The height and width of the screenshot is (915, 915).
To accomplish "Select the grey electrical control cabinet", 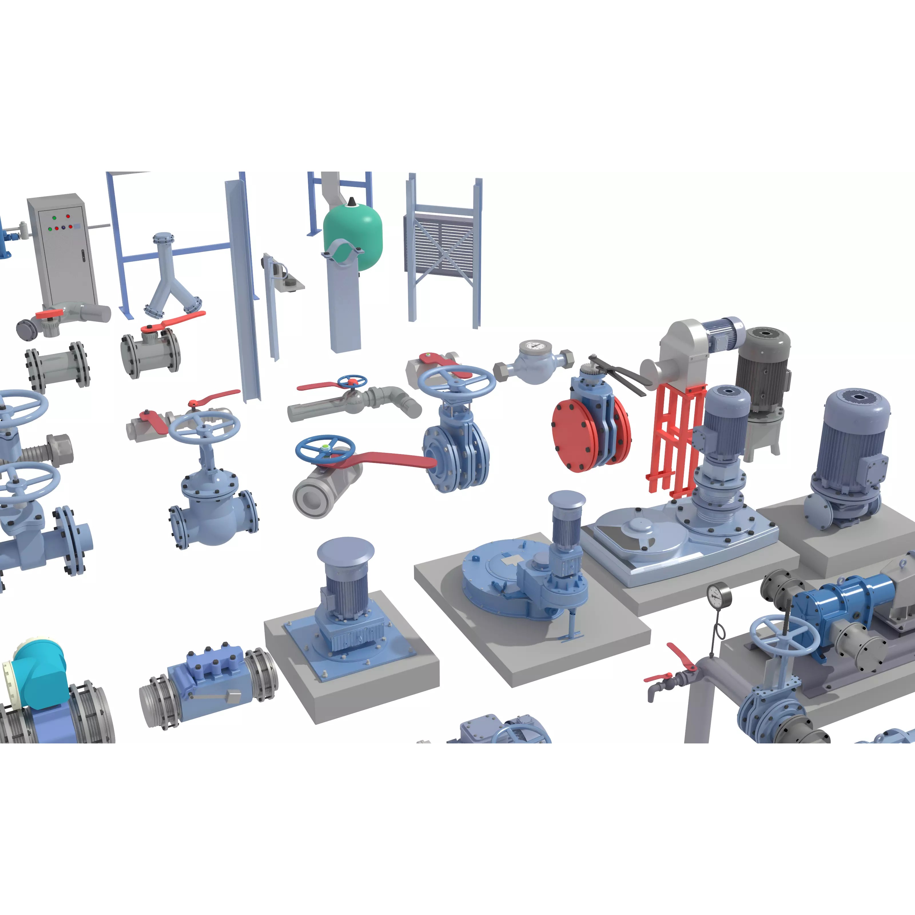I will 63,249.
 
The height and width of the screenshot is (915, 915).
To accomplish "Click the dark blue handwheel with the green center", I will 325,447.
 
